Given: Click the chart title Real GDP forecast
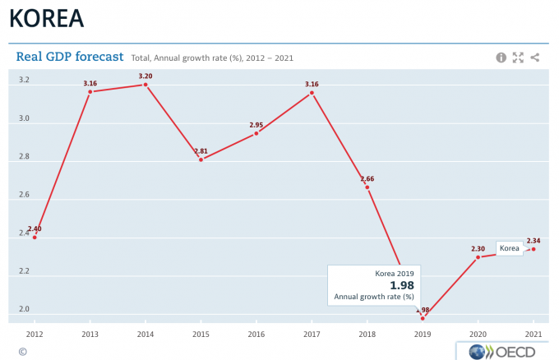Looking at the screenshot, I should (x=70, y=57).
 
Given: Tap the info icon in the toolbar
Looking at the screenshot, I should (x=501, y=58).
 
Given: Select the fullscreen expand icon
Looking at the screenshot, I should (x=518, y=58).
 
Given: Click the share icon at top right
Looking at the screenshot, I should (x=535, y=58).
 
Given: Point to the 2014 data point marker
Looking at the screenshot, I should (x=146, y=85).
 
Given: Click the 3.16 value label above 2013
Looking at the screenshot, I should (x=90, y=83).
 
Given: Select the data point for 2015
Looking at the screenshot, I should (x=201, y=159).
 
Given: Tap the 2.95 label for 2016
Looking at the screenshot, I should (x=256, y=125).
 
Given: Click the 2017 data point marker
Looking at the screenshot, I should (x=312, y=93).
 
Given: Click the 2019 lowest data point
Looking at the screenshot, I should (x=423, y=318).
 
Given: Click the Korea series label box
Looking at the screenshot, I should (x=510, y=248).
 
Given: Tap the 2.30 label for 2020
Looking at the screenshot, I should (x=478, y=248).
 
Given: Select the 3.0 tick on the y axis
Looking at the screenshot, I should (x=25, y=118).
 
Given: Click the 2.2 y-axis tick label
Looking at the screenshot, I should (x=25, y=271).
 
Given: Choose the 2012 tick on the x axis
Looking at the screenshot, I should (x=35, y=335).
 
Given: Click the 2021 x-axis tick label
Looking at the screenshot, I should (x=534, y=335).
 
